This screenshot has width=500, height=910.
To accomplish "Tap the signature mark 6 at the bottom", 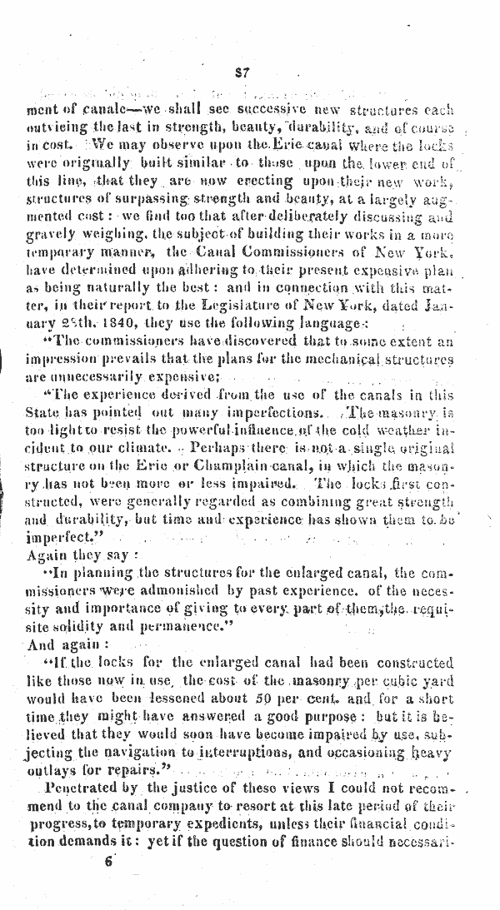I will click(107, 886).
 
